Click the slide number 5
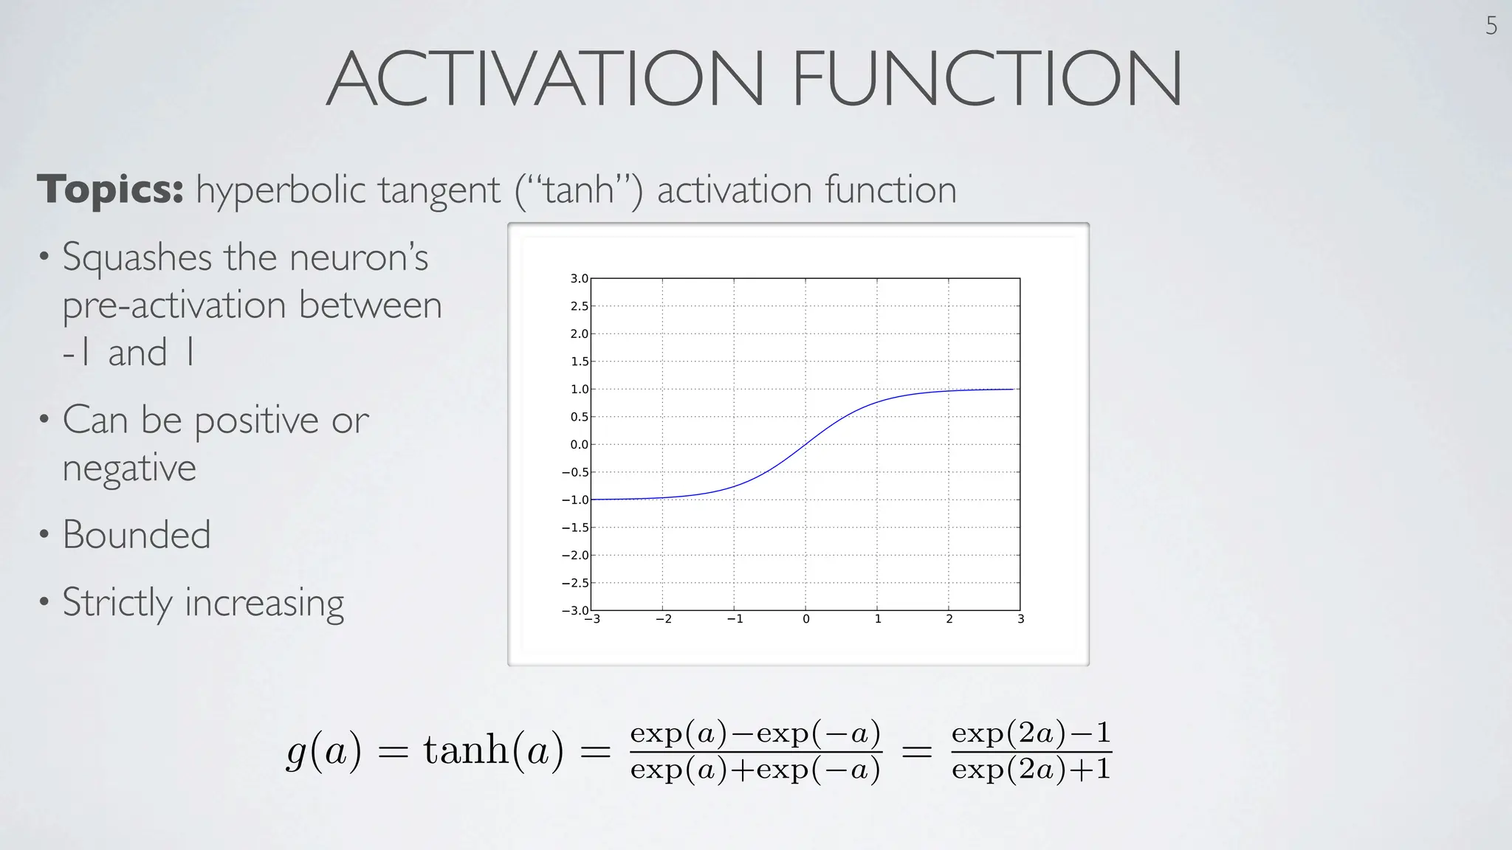pos(1491,27)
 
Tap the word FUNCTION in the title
pos(987,79)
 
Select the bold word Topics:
pos(110,190)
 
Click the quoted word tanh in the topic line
pos(580,190)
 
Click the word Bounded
pos(137,534)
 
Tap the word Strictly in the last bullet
pos(117,602)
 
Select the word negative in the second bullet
pos(129,468)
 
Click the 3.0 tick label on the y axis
pos(579,279)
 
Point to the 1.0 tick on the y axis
pos(579,390)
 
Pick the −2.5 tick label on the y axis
pos(575,583)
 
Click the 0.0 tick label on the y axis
pos(579,445)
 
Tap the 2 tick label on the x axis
pos(949,620)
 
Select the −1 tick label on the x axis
pos(735,620)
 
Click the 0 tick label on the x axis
pos(805,620)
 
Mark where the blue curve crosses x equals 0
pos(805,443)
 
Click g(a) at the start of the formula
pos(324,752)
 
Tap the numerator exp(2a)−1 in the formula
pos(1031,733)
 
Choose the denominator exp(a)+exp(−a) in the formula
pos(755,770)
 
